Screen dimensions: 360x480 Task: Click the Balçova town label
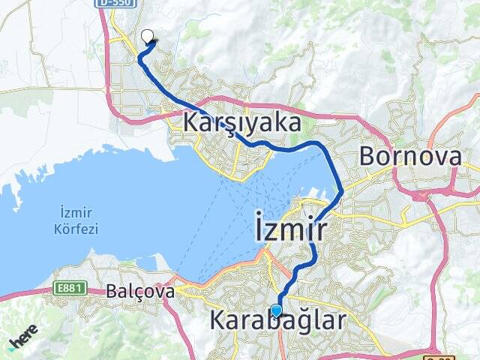coord(140,289)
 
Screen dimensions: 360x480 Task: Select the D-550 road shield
coord(112,4)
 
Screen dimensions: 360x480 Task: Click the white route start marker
coord(147,34)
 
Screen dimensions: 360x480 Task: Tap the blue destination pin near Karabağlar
coord(277,310)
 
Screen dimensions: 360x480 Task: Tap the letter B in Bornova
coord(369,156)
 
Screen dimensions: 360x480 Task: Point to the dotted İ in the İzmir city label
coord(259,228)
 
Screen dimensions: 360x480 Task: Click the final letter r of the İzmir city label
coord(320,231)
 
